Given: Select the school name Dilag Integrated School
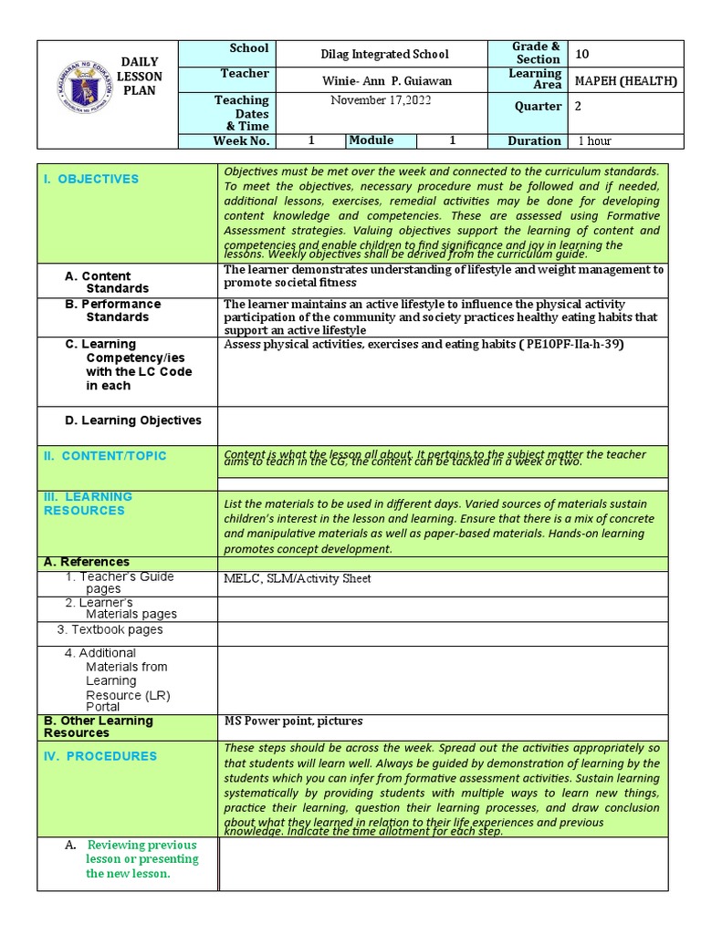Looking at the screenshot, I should [385, 55].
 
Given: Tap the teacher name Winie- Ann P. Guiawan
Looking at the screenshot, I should [387, 81].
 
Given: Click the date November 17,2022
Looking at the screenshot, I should [381, 101].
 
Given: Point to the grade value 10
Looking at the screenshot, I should [582, 54].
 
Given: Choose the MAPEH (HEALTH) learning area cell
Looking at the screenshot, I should [626, 81].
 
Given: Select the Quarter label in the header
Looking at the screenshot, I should [538, 107].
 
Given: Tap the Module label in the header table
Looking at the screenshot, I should [371, 140].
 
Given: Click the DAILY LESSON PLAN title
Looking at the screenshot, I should [141, 77].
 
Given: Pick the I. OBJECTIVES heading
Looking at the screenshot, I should [91, 179].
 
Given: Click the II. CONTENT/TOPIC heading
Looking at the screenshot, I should [105, 456].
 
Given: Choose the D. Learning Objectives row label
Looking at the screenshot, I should [133, 420].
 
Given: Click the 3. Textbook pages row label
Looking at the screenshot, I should [110, 629].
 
